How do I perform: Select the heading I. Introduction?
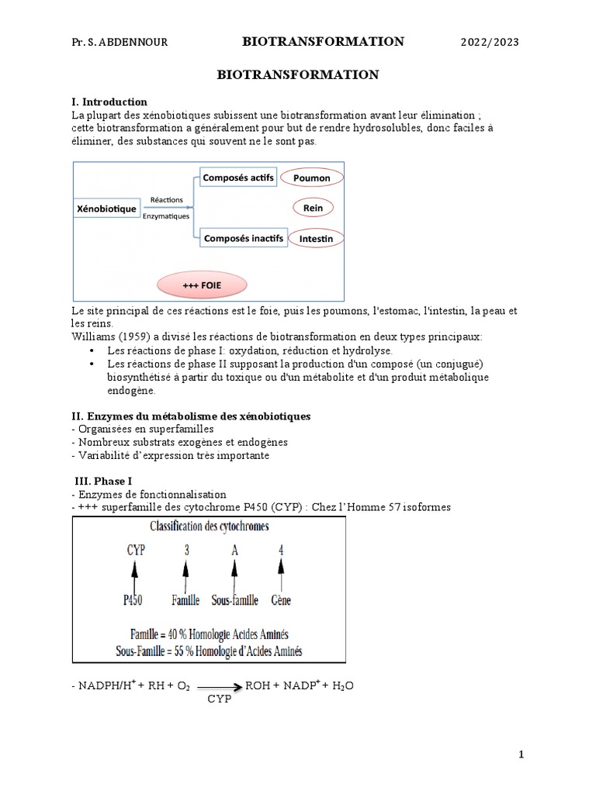pyautogui.click(x=109, y=102)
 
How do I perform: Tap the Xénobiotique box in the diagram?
pyautogui.click(x=107, y=209)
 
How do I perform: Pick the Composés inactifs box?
pyautogui.click(x=243, y=238)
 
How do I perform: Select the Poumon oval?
pyautogui.click(x=312, y=178)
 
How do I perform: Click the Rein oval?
pyautogui.click(x=313, y=208)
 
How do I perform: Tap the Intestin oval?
pyautogui.click(x=315, y=239)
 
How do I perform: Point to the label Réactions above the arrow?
pyautogui.click(x=168, y=199)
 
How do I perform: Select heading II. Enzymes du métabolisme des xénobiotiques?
pyautogui.click(x=190, y=416)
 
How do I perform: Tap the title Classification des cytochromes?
pyautogui.click(x=210, y=526)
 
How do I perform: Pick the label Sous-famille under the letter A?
pyautogui.click(x=235, y=600)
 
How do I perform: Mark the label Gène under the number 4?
pyautogui.click(x=280, y=600)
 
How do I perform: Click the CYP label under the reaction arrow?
pyautogui.click(x=220, y=699)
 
